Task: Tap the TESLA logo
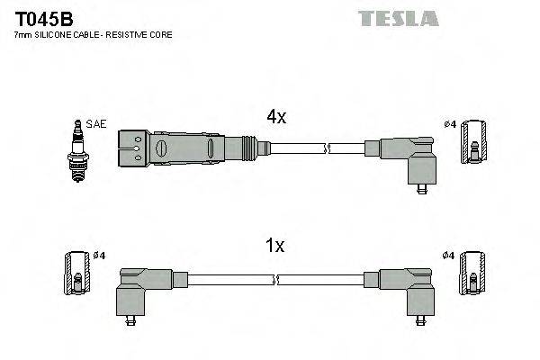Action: click(399, 18)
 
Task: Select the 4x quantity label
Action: click(275, 117)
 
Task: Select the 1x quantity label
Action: click(275, 245)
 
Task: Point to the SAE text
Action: click(95, 125)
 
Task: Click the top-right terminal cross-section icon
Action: click(475, 142)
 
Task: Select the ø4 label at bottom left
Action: click(100, 256)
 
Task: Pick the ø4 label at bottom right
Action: click(448, 256)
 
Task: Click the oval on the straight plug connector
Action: click(163, 148)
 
